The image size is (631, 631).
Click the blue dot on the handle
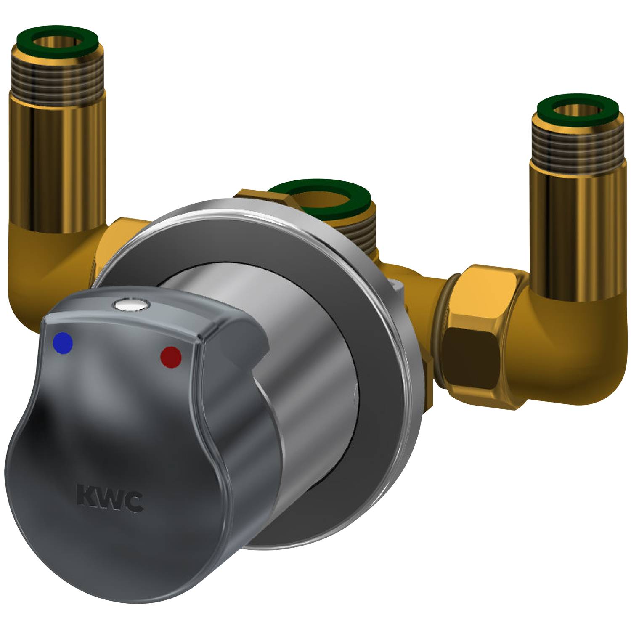click(x=64, y=342)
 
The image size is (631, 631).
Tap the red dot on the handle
click(x=171, y=357)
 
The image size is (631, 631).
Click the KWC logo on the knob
click(x=110, y=499)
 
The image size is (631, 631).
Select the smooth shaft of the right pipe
click(x=576, y=236)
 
